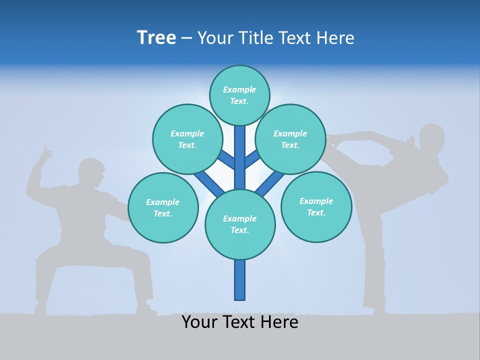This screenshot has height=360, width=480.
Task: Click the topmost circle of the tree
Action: (x=239, y=95)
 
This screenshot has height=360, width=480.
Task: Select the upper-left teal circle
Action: (x=187, y=139)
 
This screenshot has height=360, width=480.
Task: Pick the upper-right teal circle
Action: (x=290, y=139)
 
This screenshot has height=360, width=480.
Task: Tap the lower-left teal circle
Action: (x=163, y=207)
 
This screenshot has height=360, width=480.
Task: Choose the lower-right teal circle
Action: (x=316, y=206)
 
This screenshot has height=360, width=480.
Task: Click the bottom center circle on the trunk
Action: (x=240, y=224)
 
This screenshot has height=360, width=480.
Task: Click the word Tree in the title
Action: (x=156, y=38)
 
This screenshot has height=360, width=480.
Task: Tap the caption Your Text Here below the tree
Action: (x=240, y=322)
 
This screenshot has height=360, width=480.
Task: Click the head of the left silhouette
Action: (x=91, y=172)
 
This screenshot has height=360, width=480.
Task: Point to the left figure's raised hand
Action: (x=46, y=152)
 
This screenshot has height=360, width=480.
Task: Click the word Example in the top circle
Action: (x=239, y=90)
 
